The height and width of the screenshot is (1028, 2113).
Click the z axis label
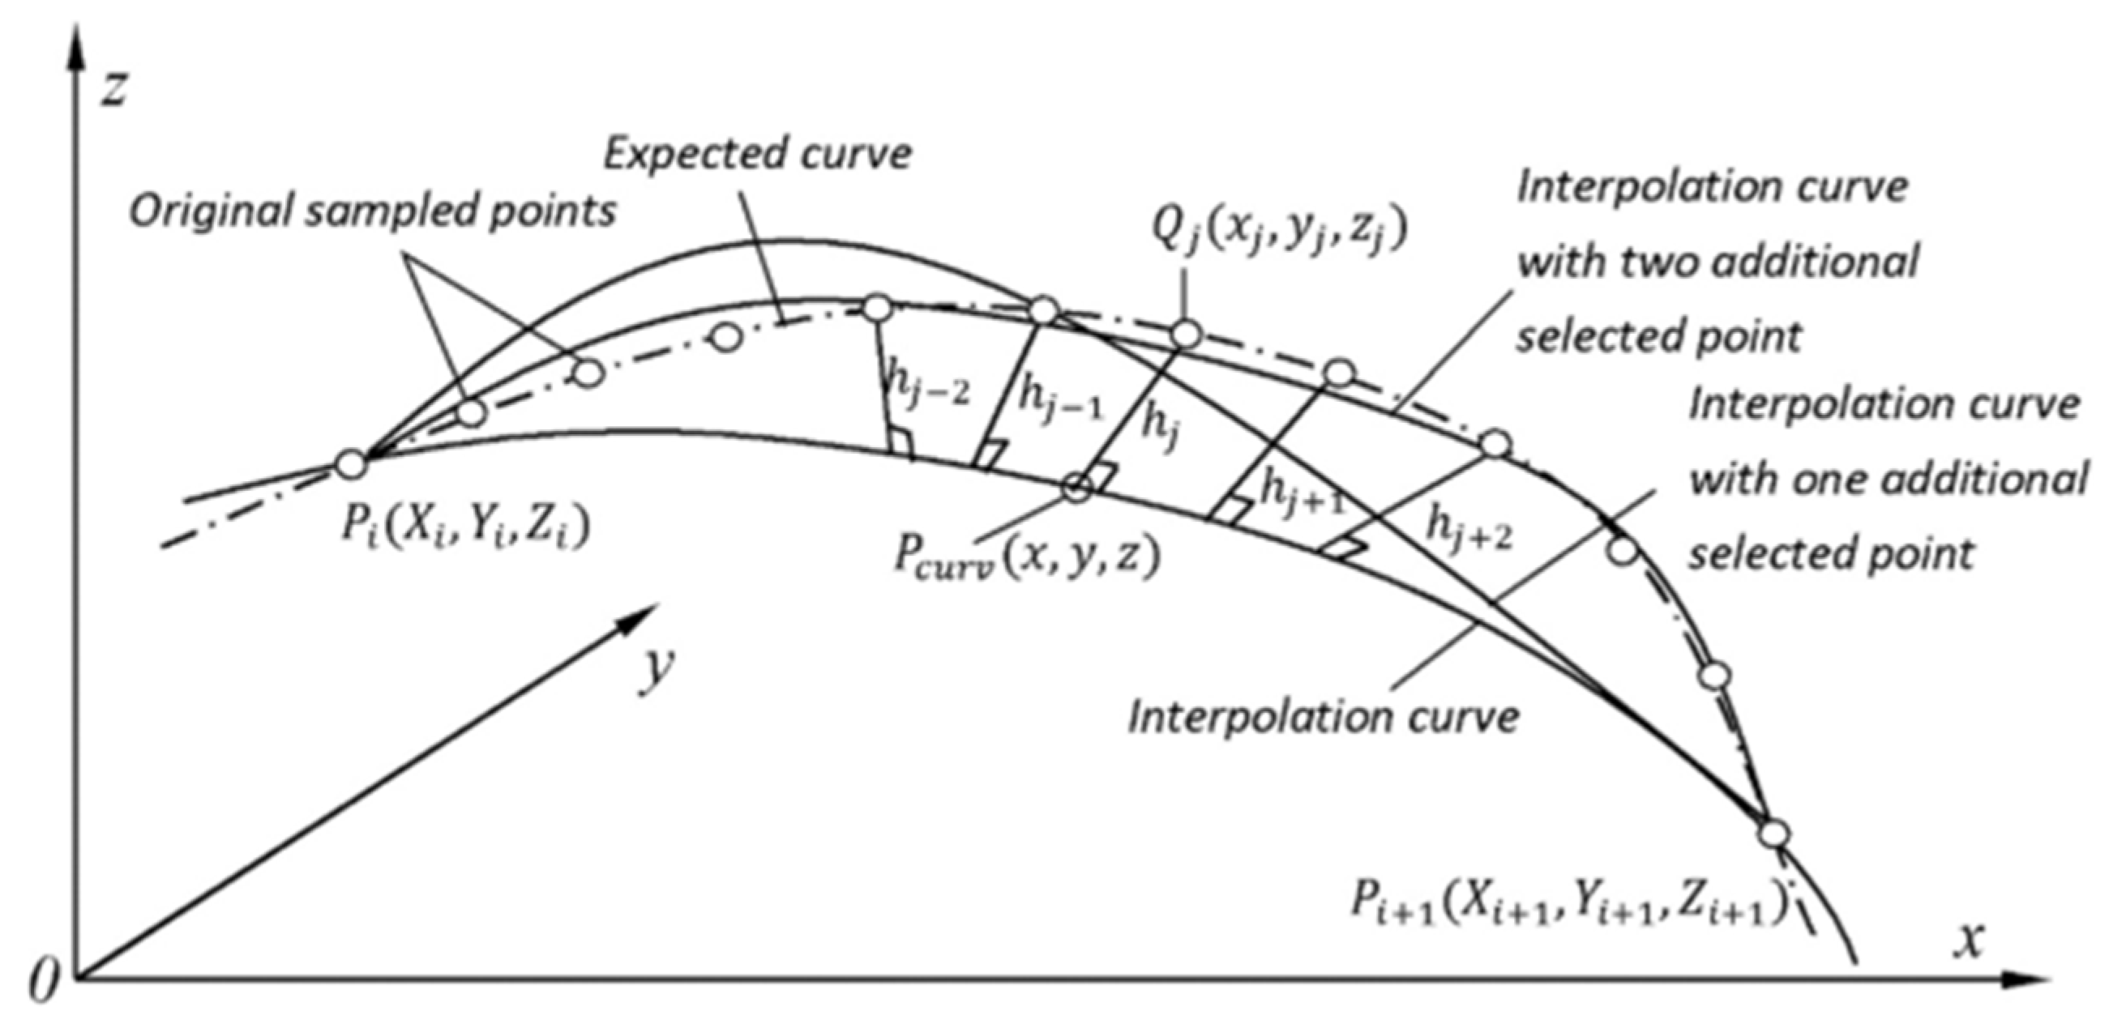point(113,87)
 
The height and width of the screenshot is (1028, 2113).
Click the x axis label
point(1967,941)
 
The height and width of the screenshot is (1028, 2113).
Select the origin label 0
point(43,981)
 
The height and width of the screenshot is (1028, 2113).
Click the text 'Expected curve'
point(757,155)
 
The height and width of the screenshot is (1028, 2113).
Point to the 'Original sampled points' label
point(372,212)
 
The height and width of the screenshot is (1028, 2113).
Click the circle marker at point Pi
point(351,464)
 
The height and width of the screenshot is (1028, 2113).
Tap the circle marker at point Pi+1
point(1774,834)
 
